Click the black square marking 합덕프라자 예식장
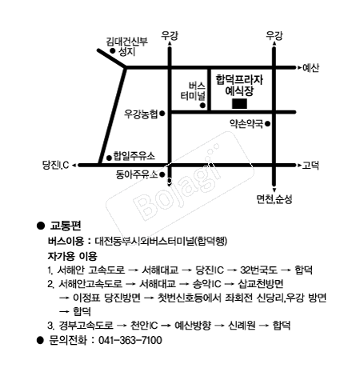click(239, 104)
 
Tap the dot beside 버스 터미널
click(202, 106)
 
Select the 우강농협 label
click(141, 114)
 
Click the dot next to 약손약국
click(268, 124)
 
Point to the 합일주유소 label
click(134, 156)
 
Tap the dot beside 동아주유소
click(162, 174)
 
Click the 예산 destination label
click(311, 68)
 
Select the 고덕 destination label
click(310, 166)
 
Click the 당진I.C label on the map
click(56, 165)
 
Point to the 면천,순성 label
click(274, 199)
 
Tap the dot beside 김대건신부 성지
click(113, 50)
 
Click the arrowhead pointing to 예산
click(299, 68)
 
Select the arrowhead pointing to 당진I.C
click(74, 166)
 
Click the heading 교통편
click(66, 226)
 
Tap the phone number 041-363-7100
click(130, 341)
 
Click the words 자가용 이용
click(72, 256)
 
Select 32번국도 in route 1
click(258, 270)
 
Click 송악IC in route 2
click(207, 284)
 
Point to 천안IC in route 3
click(144, 326)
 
